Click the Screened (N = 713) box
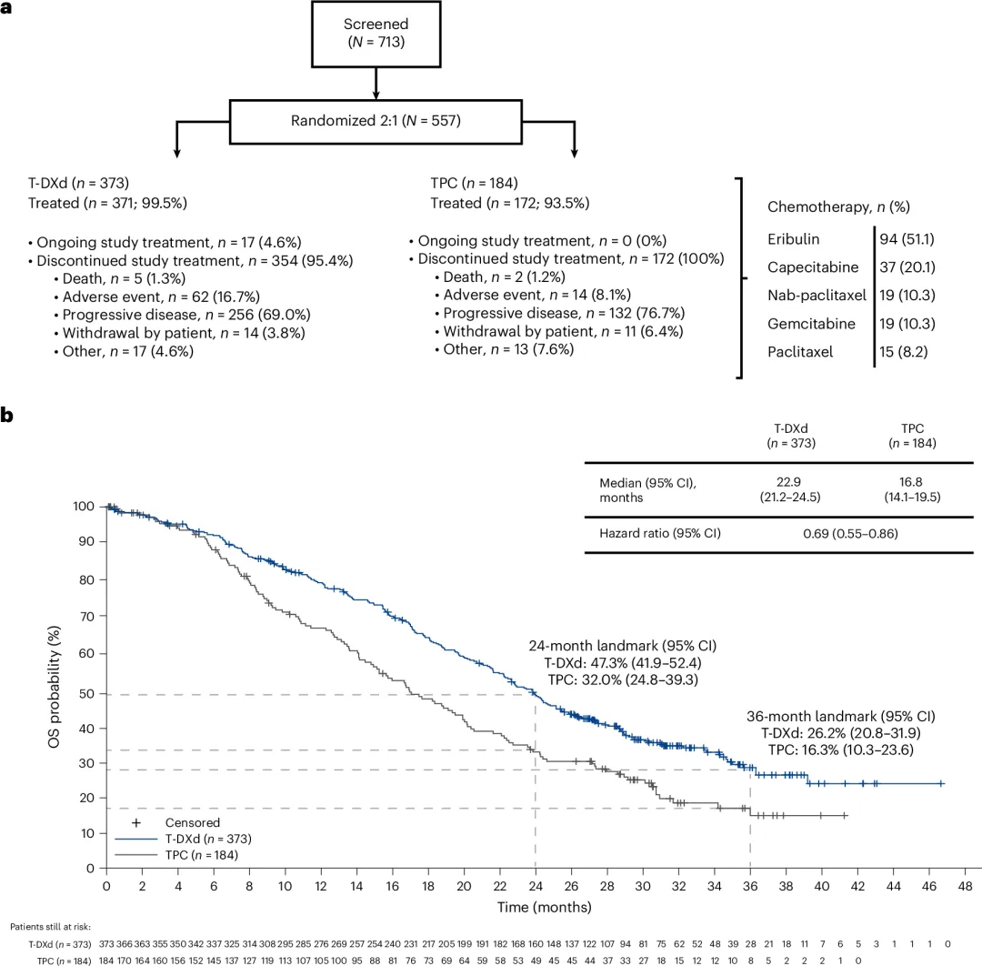(x=376, y=34)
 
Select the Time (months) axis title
(x=543, y=907)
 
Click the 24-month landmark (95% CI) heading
(x=623, y=646)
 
